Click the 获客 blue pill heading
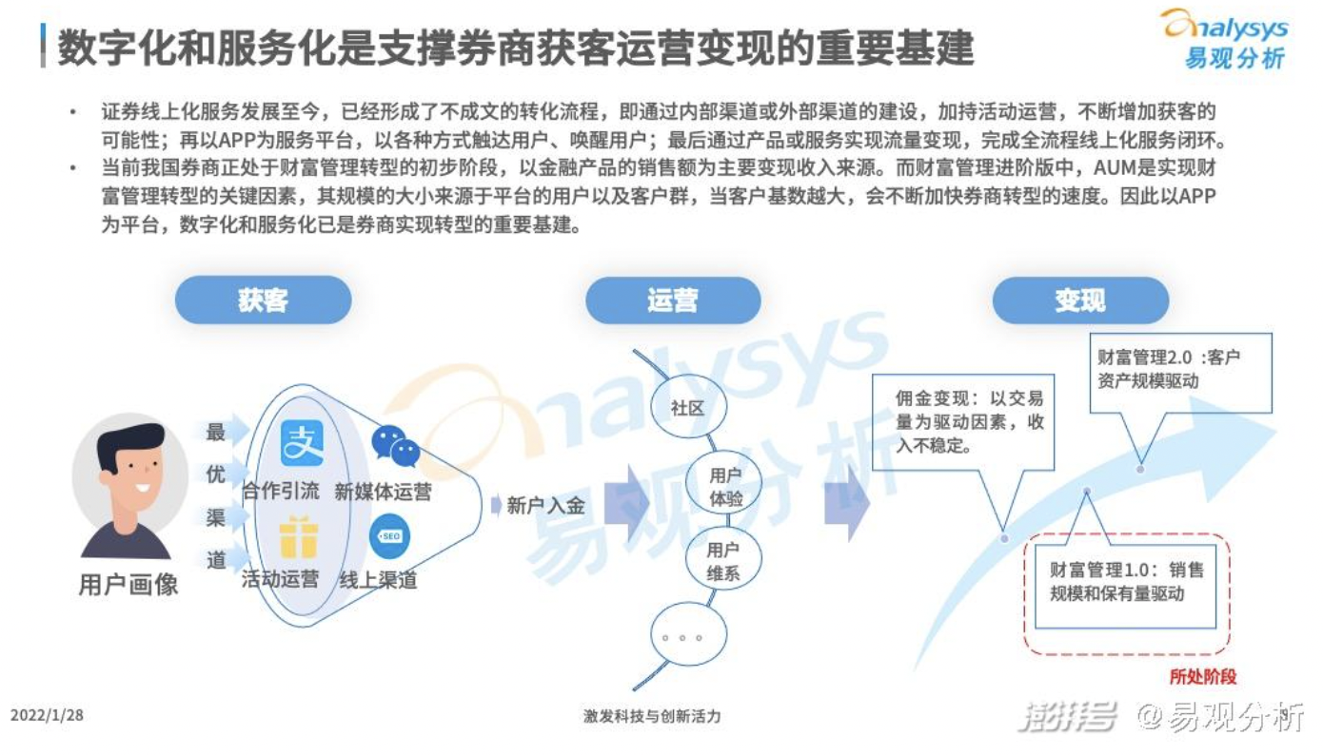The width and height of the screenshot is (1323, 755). tap(263, 300)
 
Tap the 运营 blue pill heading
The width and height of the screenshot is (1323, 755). tap(672, 300)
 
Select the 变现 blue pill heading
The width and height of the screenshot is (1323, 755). tap(1079, 300)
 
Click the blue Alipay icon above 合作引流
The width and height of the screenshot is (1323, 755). tap(302, 444)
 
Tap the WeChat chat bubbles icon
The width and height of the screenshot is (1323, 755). tap(395, 445)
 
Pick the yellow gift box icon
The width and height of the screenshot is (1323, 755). tap(298, 538)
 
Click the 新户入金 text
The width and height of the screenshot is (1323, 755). tap(545, 506)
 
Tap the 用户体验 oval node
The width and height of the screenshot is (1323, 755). tap(725, 486)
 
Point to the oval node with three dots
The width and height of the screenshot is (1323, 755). tap(687, 636)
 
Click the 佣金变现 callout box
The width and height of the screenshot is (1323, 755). tap(962, 421)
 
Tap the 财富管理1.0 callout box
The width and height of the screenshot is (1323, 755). tap(1126, 582)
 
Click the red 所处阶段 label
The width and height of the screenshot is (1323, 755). tap(1203, 676)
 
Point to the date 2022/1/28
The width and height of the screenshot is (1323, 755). tap(48, 715)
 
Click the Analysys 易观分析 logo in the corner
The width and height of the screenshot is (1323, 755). tap(1224, 38)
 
